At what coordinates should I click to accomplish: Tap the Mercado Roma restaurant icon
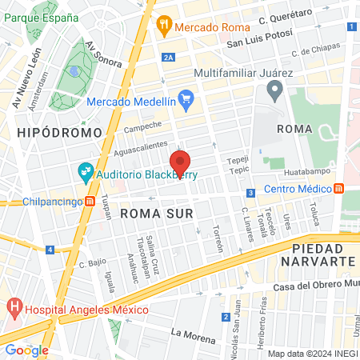point(165,24)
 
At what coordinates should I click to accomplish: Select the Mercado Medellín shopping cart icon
point(186,101)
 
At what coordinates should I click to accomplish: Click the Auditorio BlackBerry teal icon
point(84,170)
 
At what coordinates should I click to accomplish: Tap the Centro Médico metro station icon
point(338,189)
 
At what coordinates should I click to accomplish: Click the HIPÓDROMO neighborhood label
point(59,132)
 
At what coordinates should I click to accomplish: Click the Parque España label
point(37,18)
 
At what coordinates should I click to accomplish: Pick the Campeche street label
point(143,125)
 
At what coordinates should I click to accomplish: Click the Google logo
point(26,350)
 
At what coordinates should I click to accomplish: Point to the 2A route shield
point(168,57)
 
